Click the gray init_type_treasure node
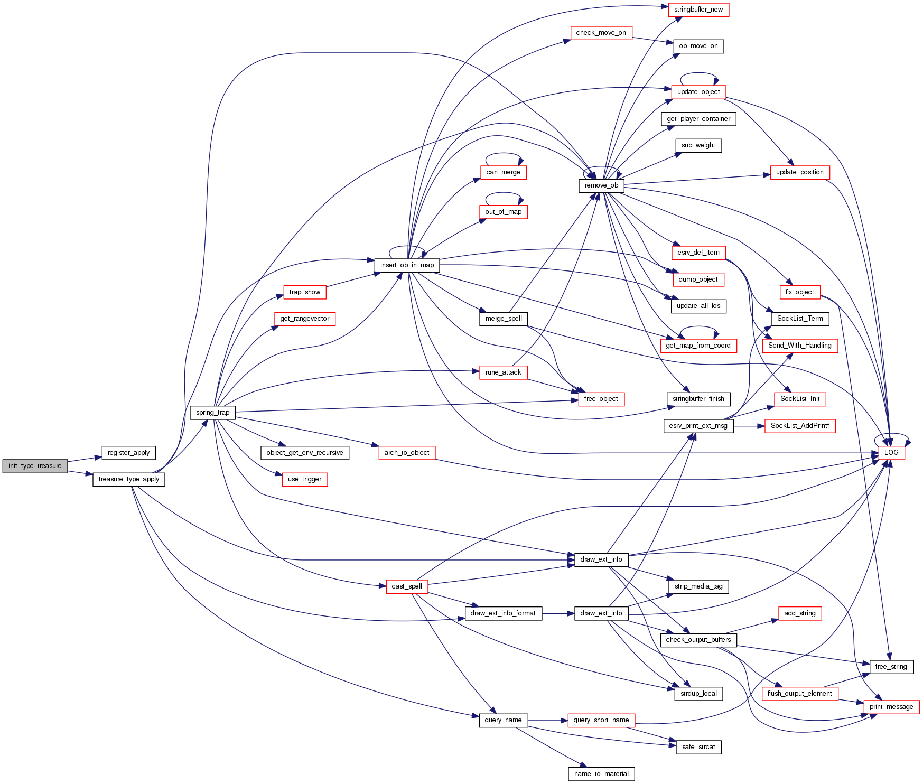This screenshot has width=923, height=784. coord(35,466)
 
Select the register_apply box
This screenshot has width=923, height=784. coord(128,453)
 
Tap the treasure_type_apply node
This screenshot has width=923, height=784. coord(129,479)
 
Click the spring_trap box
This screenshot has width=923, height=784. coord(212,413)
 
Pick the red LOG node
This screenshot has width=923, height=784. coord(891,453)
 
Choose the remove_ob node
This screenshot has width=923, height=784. coord(601,185)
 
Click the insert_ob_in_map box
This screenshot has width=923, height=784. coord(407,265)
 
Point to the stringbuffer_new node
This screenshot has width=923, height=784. coord(698,10)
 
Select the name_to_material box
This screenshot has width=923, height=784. coord(601,774)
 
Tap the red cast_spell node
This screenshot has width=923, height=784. coord(406,586)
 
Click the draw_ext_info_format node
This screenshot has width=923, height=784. coord(503,613)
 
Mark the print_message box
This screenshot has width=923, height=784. coord(891,707)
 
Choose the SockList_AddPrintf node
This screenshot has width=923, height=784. coord(799,426)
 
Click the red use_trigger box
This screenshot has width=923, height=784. coord(304,479)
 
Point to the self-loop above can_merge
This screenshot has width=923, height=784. coord(504,154)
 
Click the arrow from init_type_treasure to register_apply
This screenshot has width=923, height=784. coord(85,459)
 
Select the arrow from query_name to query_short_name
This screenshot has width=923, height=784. coord(547,720)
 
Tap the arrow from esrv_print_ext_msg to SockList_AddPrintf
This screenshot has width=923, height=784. coord(749,426)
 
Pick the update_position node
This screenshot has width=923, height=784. coord(799,172)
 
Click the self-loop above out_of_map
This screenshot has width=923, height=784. coord(504,193)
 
